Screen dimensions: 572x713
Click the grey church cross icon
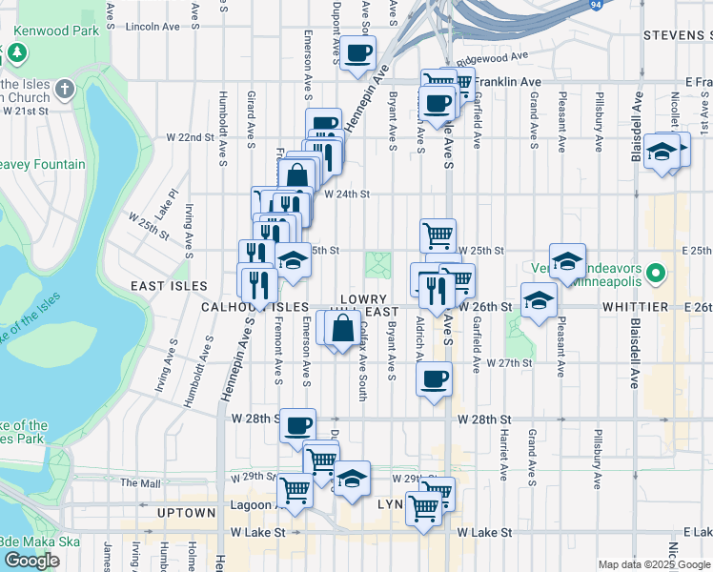pos(65,90)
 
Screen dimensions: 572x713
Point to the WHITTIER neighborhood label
pos(636,308)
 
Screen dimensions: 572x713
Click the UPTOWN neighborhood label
pos(187,513)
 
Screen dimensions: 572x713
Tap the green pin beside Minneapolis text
pos(654,276)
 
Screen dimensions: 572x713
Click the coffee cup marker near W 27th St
pos(434,379)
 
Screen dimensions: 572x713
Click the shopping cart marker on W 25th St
pos(438,235)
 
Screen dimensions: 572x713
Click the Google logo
pos(31,561)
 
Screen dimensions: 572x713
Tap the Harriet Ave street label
pos(502,453)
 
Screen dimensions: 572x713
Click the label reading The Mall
pos(139,483)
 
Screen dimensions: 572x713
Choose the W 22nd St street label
pos(186,137)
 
